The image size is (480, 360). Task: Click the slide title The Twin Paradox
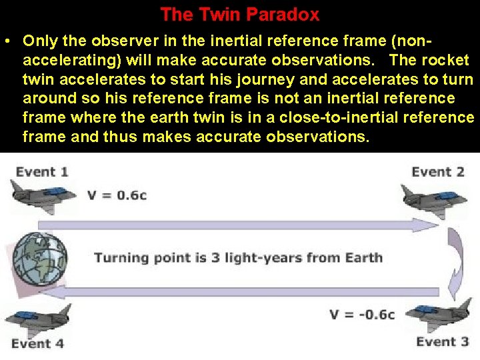[240, 14]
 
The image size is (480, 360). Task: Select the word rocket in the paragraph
[447, 60]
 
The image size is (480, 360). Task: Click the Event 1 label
[41, 172]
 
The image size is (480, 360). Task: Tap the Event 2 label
[437, 172]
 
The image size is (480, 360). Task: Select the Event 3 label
[442, 342]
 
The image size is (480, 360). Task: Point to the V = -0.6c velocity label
[362, 314]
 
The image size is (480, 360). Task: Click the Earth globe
[39, 257]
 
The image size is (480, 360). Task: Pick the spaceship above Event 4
[37, 319]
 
